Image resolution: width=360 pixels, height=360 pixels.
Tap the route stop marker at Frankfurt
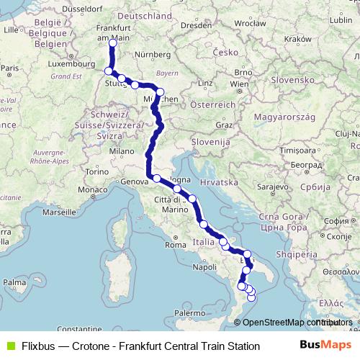[112, 43]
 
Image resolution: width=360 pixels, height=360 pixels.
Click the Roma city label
[175, 245]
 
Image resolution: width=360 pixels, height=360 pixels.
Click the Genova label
[129, 182]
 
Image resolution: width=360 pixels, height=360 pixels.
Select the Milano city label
[122, 152]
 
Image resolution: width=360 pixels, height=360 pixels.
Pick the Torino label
[96, 173]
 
